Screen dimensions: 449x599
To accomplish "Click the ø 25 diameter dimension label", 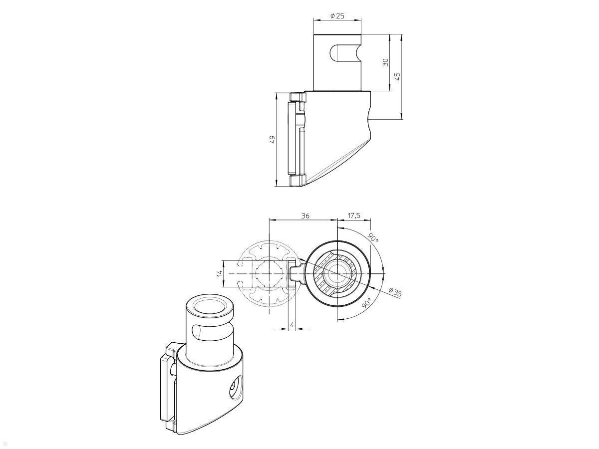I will (337, 16).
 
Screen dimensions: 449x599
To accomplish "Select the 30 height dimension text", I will (385, 62).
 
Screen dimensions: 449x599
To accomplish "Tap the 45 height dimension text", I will (397, 76).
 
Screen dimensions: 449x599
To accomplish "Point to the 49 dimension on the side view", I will (272, 139).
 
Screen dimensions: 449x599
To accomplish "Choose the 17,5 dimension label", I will (353, 216).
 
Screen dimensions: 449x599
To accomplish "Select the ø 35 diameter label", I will (395, 292).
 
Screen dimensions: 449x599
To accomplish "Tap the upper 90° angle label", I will (373, 237).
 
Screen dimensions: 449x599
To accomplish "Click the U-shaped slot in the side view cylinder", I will (344, 53).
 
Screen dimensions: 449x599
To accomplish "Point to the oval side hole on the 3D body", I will (234, 389).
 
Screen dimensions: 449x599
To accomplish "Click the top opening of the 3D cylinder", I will (210, 307).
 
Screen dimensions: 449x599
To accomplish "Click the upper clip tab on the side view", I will (299, 96).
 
